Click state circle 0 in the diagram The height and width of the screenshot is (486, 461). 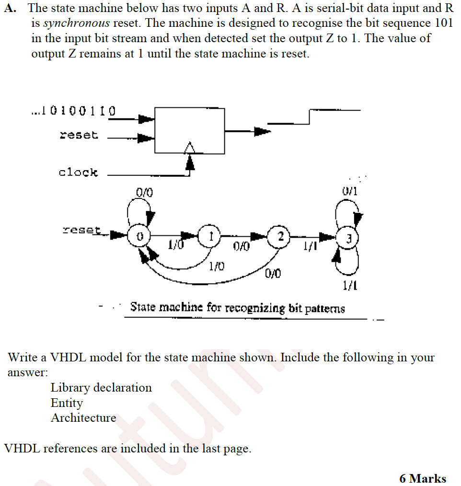point(139,236)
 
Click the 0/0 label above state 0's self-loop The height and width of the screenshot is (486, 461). point(144,193)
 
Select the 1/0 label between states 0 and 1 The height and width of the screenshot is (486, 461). point(175,245)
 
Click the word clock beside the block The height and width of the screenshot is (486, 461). point(78,172)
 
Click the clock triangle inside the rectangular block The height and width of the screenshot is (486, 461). point(190,148)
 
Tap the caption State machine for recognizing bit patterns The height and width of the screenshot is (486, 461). point(237,307)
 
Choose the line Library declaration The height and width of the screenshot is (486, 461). point(101,387)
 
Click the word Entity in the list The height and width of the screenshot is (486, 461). point(67,403)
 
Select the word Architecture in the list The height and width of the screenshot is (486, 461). point(83,418)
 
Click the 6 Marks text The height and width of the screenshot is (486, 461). point(422,478)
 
